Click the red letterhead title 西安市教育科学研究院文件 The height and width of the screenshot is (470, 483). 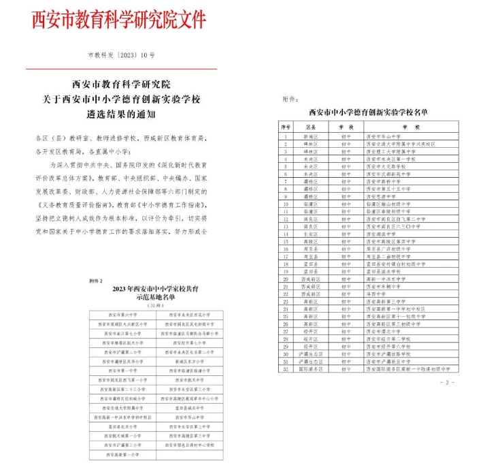tap(118, 19)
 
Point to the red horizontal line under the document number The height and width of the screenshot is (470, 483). tap(122, 69)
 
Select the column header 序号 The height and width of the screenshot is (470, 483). tap(286, 127)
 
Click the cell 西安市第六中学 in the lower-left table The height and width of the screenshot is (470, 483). tap(122, 315)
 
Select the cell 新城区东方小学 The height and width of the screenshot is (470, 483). tap(189, 361)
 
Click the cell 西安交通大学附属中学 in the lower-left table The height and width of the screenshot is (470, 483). tap(122, 407)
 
